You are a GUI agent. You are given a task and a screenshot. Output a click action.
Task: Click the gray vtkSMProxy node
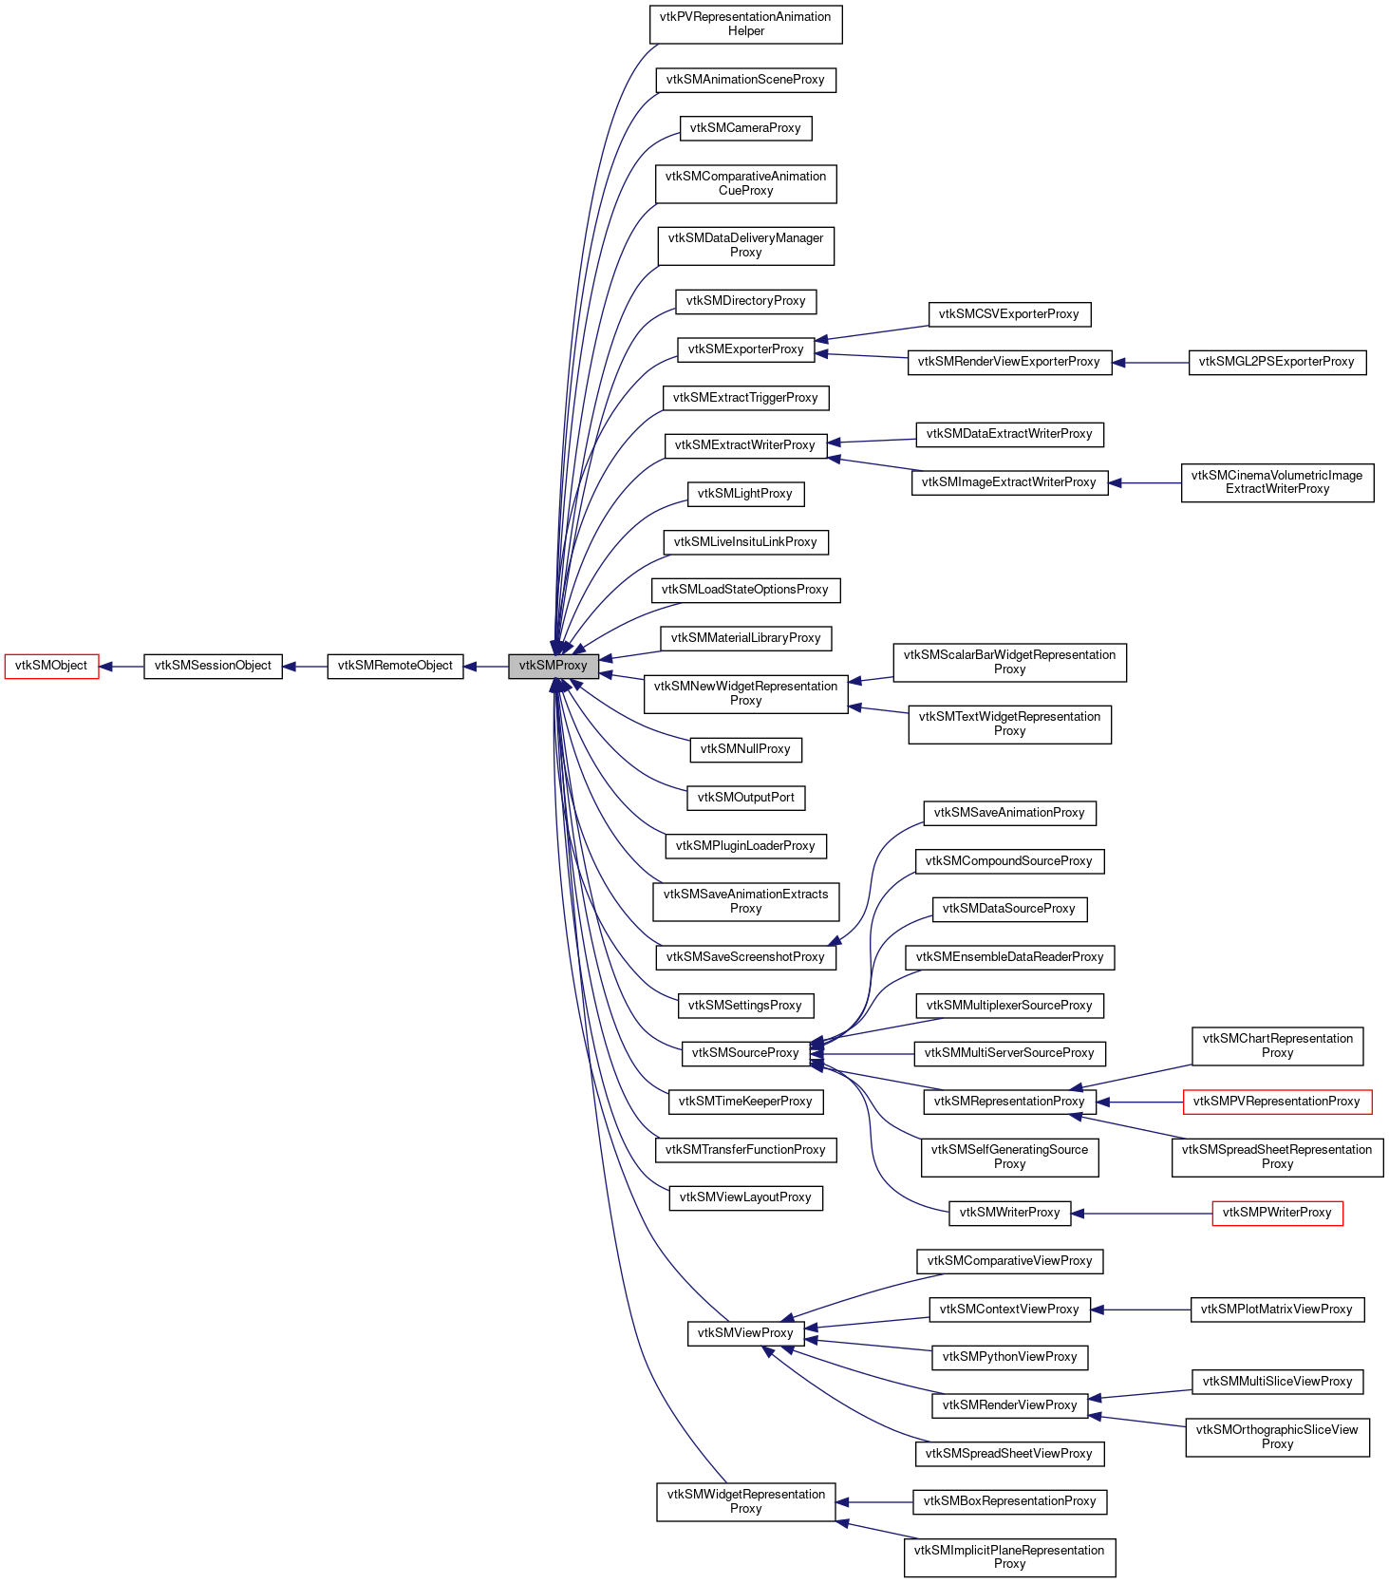click(x=554, y=666)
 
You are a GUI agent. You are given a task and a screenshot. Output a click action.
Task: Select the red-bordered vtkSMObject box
click(x=51, y=666)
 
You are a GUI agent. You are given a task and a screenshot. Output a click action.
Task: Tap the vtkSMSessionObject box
click(x=213, y=666)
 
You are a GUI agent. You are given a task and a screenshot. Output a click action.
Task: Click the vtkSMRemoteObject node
click(x=395, y=666)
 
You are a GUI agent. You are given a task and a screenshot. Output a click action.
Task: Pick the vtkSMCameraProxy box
click(x=745, y=128)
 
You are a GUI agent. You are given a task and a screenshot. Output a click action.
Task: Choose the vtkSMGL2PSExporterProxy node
click(x=1277, y=362)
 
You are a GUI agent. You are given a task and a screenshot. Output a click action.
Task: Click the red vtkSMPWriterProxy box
click(x=1277, y=1213)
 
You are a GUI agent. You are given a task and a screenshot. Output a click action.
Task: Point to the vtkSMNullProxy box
click(x=745, y=749)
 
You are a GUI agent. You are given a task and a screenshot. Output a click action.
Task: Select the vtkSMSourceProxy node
click(x=745, y=1053)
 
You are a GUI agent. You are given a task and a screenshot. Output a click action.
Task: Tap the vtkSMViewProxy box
click(x=745, y=1333)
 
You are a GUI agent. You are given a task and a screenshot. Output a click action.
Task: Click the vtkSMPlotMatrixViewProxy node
click(x=1277, y=1310)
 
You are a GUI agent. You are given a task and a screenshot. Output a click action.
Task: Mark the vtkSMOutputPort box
click(x=745, y=798)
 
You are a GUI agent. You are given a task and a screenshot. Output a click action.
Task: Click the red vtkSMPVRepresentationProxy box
click(x=1277, y=1102)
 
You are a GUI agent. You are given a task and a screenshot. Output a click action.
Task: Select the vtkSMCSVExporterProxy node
click(x=1009, y=314)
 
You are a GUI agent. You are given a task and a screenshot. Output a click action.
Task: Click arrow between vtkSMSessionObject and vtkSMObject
click(x=122, y=667)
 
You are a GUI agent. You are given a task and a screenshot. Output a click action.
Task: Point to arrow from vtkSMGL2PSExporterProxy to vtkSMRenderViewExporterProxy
click(x=1151, y=363)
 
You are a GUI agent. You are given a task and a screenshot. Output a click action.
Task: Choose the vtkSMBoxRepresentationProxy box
click(x=1009, y=1501)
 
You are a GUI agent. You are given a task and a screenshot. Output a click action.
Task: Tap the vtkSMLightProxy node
click(x=745, y=494)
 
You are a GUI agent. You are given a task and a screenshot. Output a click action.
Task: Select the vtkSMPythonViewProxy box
click(x=1009, y=1357)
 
